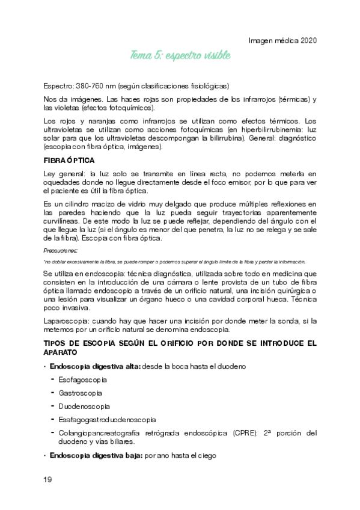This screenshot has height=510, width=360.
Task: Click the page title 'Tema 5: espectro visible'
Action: click(x=180, y=56)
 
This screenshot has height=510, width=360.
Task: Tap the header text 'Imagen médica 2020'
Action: click(x=282, y=40)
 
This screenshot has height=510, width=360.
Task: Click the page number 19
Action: click(x=47, y=479)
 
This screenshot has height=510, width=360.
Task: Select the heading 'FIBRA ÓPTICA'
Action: click(x=68, y=161)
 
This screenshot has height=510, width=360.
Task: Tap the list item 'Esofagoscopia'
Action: click(x=82, y=379)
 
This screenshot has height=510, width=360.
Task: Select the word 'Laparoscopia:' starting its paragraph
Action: click(x=66, y=321)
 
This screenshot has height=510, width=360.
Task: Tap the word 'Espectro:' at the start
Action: click(x=62, y=85)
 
